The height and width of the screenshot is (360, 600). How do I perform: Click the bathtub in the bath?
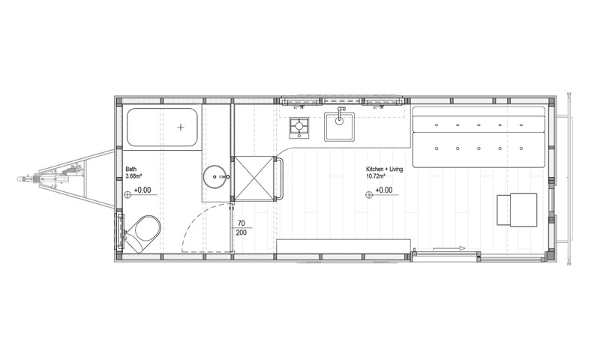[162, 127]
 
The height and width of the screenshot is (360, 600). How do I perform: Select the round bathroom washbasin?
[215, 177]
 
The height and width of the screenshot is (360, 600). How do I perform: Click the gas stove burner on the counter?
[298, 127]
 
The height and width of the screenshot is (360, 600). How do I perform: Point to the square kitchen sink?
[339, 127]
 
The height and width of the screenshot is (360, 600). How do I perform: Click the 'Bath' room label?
[130, 169]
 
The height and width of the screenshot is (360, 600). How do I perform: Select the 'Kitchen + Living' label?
[384, 169]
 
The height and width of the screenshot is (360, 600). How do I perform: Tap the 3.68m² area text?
[134, 176]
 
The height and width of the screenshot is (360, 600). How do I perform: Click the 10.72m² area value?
[376, 176]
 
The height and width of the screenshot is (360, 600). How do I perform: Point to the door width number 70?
[241, 223]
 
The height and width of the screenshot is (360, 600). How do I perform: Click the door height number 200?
[241, 232]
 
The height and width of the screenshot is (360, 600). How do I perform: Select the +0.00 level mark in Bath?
[142, 190]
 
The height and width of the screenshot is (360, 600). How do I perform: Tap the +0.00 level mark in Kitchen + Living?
[384, 190]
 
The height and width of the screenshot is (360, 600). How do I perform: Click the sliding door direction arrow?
[448, 248]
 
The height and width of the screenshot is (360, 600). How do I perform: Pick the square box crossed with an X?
[254, 178]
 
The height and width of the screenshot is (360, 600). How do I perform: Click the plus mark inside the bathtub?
[181, 127]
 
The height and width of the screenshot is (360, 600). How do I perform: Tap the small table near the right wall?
[517, 210]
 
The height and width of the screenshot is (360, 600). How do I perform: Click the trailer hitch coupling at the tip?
[22, 178]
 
